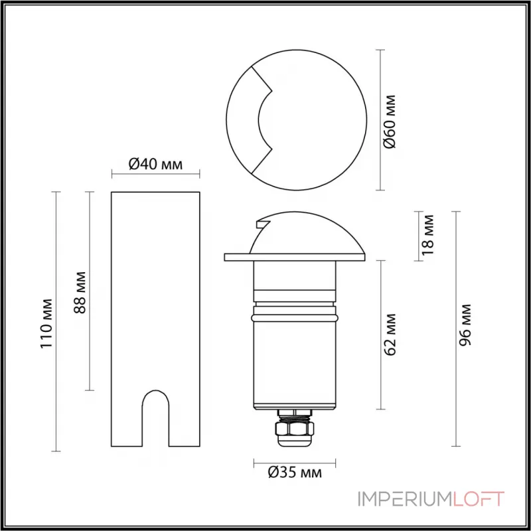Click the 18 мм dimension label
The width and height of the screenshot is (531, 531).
(x=429, y=234)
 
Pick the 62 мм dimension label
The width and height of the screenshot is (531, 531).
(x=392, y=334)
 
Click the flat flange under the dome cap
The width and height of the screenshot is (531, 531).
(x=295, y=256)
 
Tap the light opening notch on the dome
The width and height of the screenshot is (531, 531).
(x=262, y=226)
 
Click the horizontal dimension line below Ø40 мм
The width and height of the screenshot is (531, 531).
(x=155, y=175)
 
